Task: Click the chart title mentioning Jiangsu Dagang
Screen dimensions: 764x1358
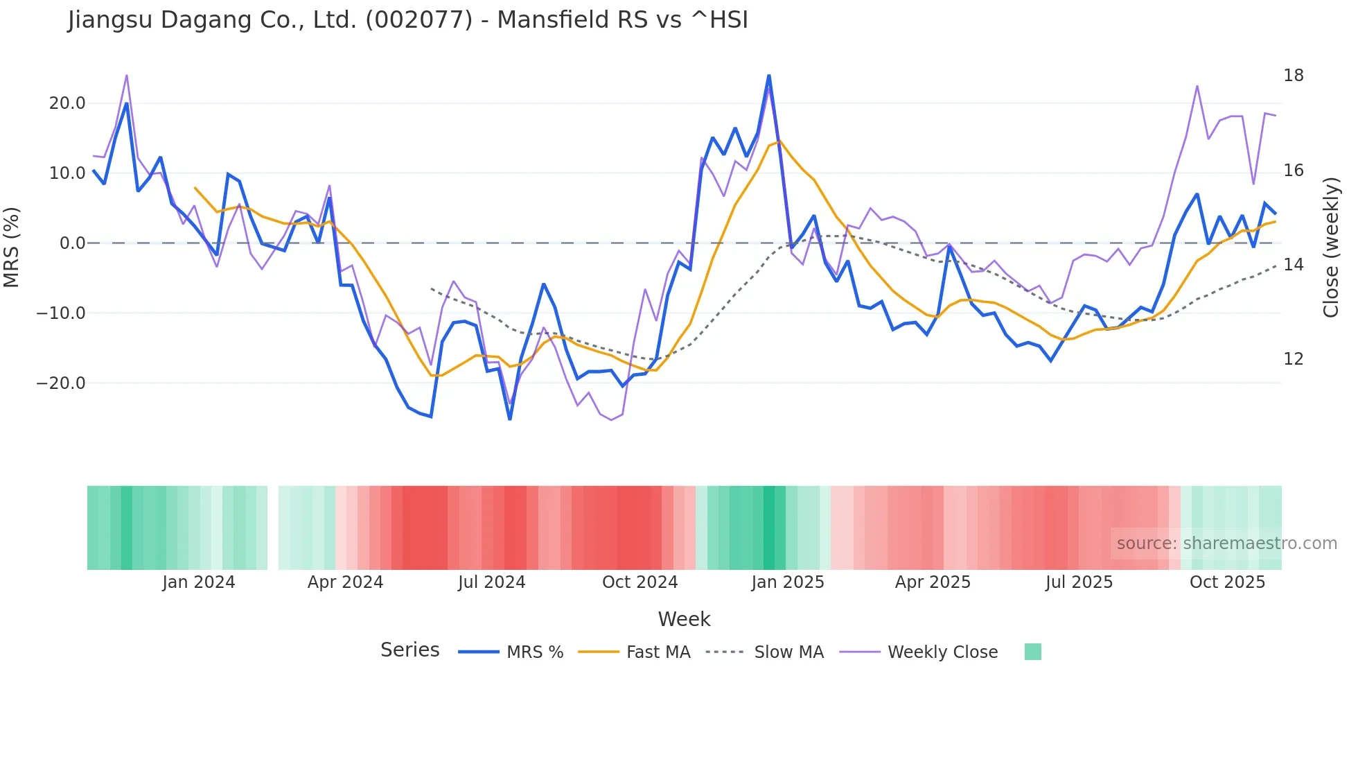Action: click(x=407, y=20)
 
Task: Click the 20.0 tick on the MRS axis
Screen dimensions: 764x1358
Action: click(x=67, y=103)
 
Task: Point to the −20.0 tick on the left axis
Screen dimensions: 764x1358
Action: click(x=62, y=383)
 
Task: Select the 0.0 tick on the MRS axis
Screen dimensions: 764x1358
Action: click(x=72, y=243)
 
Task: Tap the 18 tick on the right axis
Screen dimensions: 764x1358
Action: click(x=1293, y=76)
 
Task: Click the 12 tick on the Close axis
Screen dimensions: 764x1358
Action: click(x=1293, y=359)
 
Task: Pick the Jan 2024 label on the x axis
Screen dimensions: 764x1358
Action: click(x=199, y=582)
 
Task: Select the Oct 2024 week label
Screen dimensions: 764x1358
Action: click(x=640, y=582)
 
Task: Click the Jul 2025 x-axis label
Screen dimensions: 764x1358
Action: click(x=1079, y=582)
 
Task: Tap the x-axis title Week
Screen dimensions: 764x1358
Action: click(x=684, y=619)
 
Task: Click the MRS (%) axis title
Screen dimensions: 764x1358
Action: click(x=12, y=248)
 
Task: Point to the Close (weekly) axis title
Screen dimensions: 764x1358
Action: click(x=1330, y=248)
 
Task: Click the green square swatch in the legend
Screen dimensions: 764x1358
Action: click(x=1032, y=652)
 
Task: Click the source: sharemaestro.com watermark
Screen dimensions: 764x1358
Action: click(x=1226, y=544)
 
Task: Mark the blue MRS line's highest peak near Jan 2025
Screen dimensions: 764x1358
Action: click(x=769, y=76)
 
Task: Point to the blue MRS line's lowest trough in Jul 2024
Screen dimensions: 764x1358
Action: click(x=510, y=419)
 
